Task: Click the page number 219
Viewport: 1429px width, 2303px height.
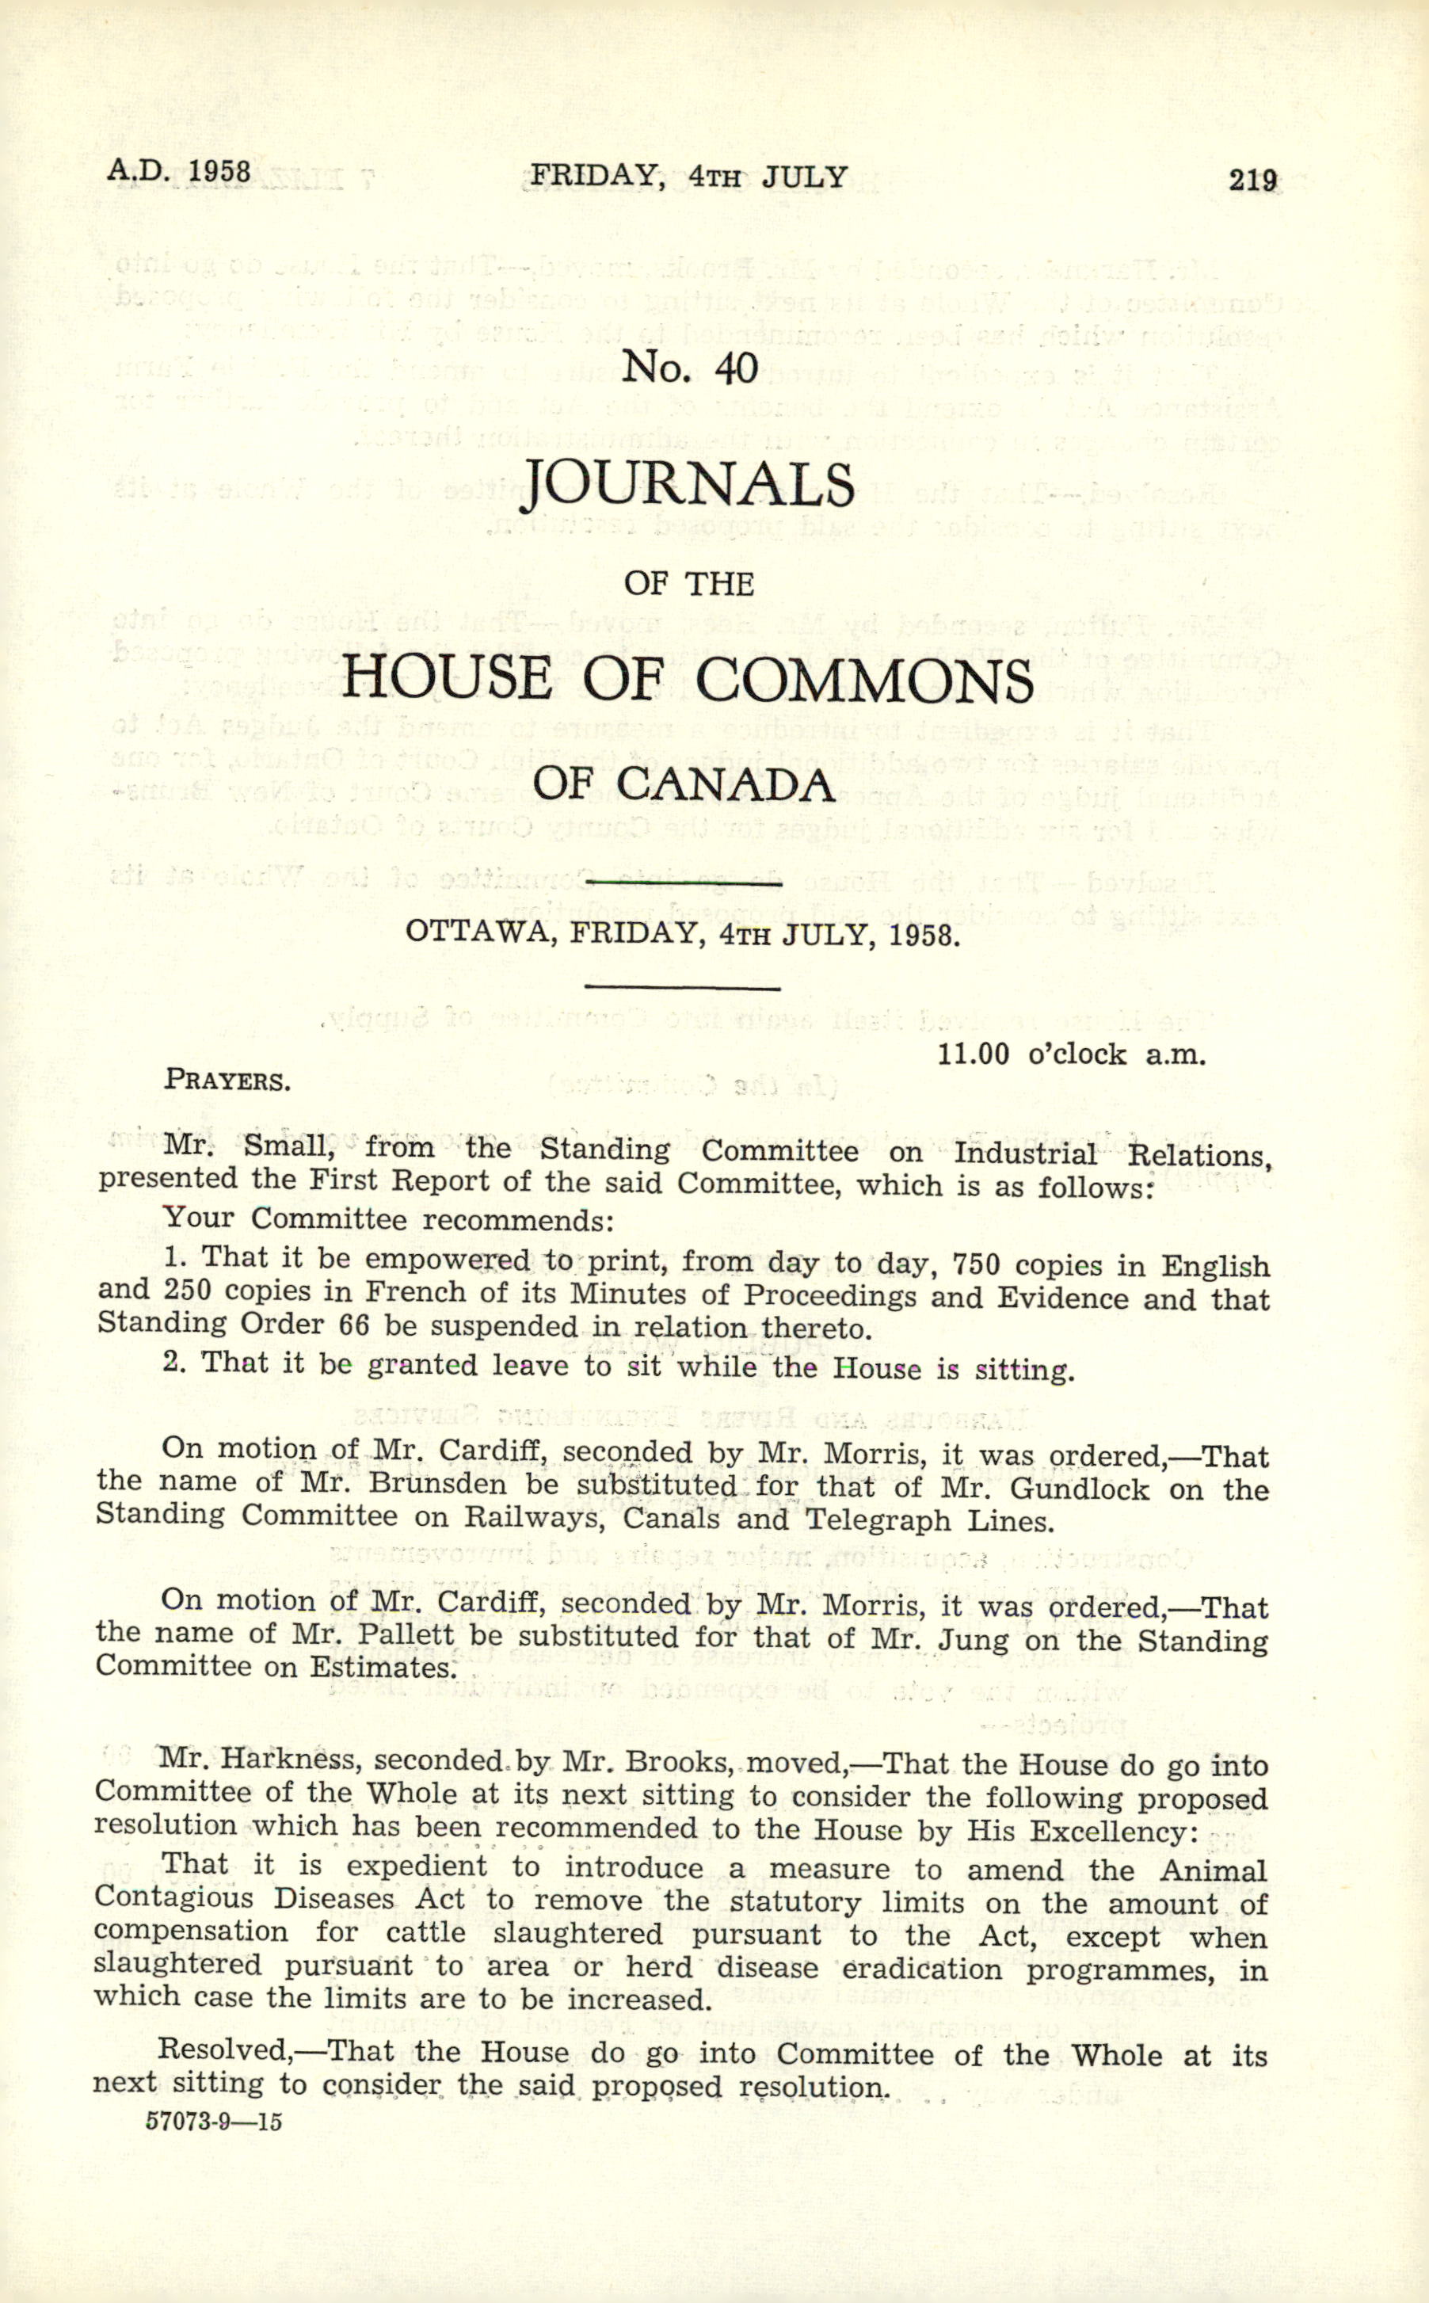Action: [x=1252, y=180]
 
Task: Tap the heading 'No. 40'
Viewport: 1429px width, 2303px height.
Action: [x=689, y=367]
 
